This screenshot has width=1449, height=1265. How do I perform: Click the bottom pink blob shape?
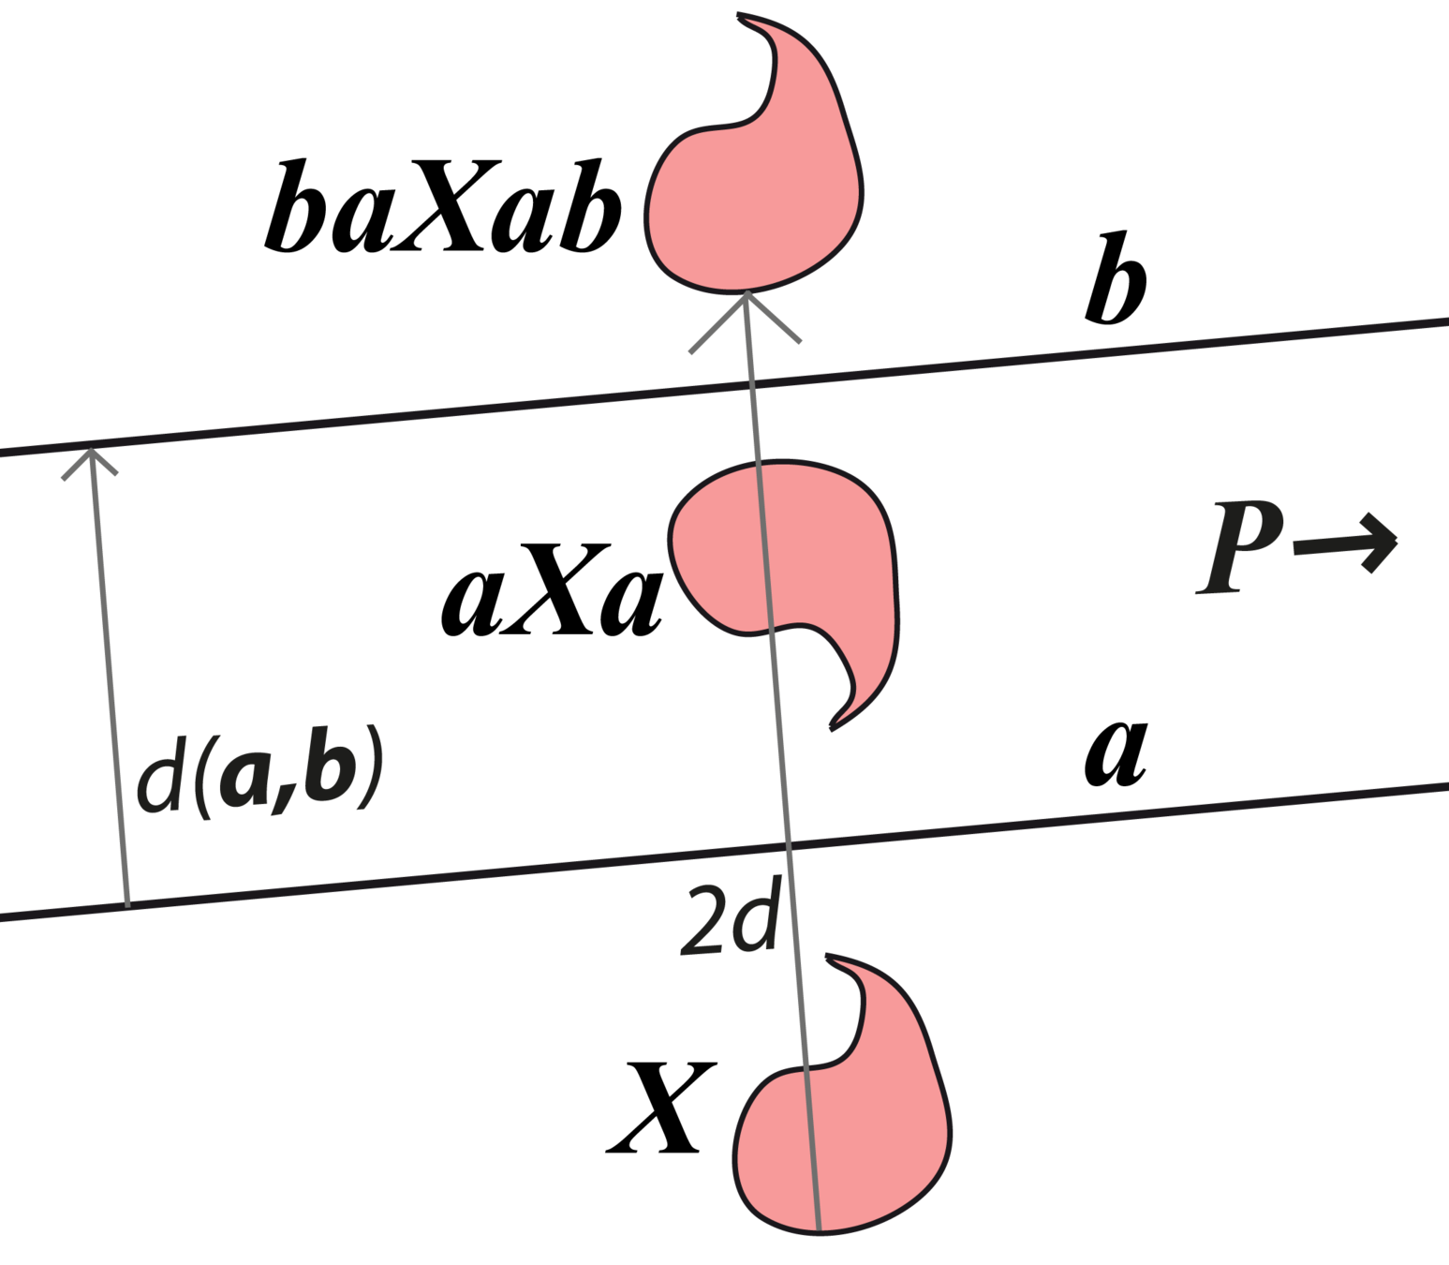(x=843, y=1134)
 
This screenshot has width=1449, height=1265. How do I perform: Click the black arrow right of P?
(x=1349, y=543)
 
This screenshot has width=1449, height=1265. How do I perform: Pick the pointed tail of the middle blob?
(x=833, y=725)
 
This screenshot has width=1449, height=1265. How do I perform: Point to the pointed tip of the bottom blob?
(x=829, y=958)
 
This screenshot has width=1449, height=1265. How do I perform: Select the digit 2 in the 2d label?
(x=702, y=923)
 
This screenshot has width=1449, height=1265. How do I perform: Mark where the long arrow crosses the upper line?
(x=753, y=383)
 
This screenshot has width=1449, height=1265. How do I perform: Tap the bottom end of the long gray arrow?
(x=819, y=1228)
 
